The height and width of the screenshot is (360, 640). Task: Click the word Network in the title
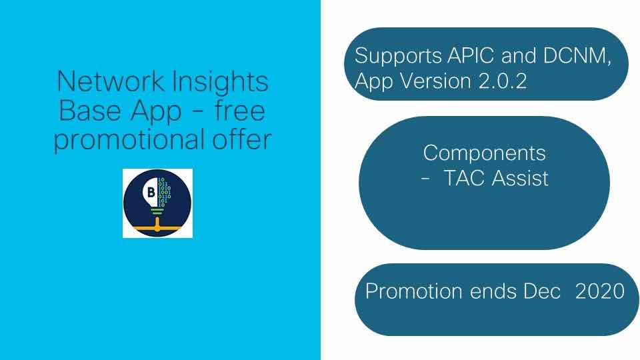click(111, 81)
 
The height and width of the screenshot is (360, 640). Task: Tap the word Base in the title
click(90, 111)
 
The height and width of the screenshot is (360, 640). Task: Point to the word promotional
click(129, 140)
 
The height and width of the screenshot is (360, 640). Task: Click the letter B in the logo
click(151, 192)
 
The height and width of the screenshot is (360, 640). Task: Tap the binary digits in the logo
click(164, 192)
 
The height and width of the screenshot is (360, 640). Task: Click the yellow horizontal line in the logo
click(157, 227)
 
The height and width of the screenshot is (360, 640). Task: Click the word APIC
click(471, 55)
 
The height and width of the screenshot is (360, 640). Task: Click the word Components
click(484, 154)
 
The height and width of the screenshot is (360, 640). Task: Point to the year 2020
click(599, 291)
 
